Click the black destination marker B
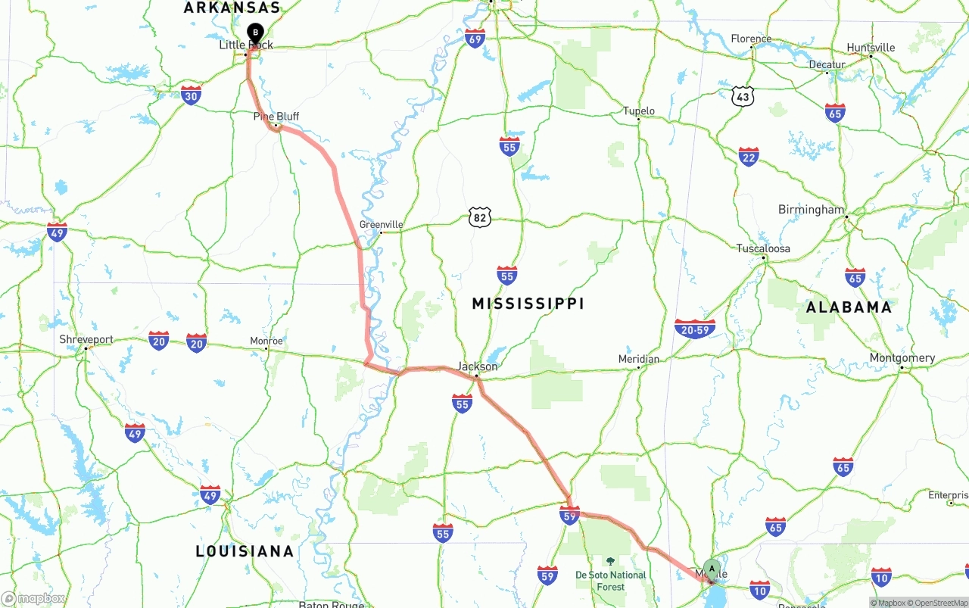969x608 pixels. (256, 33)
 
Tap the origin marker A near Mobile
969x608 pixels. (712, 569)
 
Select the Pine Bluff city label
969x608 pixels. (276, 117)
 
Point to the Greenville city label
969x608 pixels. (381, 225)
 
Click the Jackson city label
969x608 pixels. (477, 366)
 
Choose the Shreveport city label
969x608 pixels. (86, 340)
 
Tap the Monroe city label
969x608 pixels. (266, 341)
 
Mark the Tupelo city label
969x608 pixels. (638, 111)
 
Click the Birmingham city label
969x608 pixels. (811, 210)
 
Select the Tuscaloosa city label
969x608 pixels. (763, 248)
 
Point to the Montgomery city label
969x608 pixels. (902, 358)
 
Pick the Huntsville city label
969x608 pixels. (871, 48)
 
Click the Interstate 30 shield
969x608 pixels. (191, 95)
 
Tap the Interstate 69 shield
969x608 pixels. (475, 39)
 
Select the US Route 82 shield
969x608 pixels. (479, 217)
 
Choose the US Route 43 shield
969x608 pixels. (743, 96)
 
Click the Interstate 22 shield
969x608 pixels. (749, 157)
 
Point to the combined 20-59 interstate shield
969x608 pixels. (694, 329)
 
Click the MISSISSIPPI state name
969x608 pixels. (528, 304)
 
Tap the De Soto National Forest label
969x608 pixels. (611, 580)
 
